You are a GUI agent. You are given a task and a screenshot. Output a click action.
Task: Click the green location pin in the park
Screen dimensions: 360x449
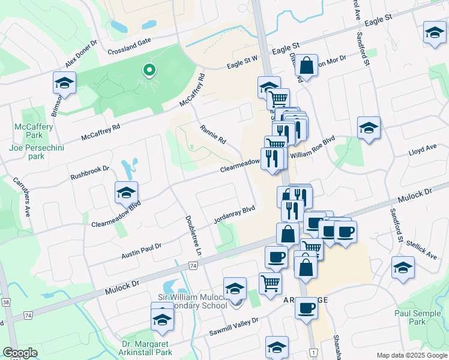148,71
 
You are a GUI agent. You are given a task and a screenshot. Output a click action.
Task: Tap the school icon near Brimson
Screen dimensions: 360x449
64,83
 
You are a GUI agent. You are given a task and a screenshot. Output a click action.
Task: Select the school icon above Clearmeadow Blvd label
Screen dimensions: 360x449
127,193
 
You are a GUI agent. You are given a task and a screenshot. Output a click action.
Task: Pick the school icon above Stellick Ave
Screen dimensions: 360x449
403,268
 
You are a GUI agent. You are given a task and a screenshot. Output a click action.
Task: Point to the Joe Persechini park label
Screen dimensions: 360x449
35,151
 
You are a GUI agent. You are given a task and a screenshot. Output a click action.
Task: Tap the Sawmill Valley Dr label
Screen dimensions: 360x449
233,325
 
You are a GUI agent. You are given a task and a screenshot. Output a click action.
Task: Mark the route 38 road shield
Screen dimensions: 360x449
6,302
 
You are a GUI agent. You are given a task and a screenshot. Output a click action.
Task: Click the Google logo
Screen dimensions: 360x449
20,353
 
